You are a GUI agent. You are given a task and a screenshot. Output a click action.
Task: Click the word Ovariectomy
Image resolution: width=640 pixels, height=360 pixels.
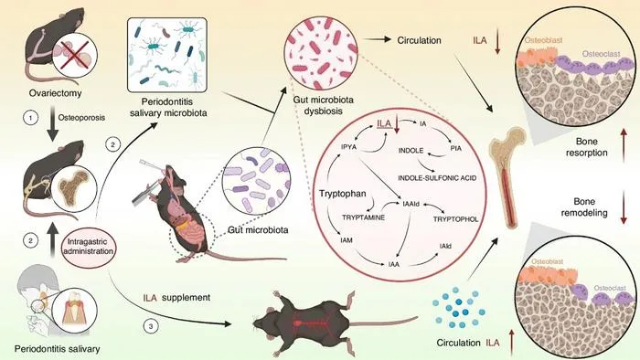coord(55,93)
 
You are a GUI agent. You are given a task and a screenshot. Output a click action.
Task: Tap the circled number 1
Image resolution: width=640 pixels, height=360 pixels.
coord(30,118)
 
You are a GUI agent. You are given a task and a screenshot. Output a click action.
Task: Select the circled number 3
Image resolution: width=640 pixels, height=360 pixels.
coord(151,326)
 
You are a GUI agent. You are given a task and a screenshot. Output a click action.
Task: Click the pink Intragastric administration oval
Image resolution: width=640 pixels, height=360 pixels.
coord(88,247)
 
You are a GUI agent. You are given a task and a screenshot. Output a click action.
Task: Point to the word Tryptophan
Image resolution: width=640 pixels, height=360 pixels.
coord(343,194)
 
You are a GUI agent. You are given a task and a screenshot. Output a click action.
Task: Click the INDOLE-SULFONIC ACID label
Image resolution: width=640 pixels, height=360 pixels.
coord(437,178)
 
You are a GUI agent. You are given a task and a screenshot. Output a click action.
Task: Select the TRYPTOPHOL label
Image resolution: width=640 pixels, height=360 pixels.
coord(455,219)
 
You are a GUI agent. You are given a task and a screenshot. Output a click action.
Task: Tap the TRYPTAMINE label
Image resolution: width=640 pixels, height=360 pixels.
coord(363,217)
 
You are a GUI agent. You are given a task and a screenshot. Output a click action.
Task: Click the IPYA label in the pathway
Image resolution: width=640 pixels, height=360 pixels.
coord(348,146)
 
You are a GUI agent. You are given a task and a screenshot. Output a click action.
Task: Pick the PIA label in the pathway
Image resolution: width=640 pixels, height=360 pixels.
coord(456,148)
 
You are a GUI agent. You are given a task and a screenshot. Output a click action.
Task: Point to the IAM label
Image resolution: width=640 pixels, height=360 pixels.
coord(347,240)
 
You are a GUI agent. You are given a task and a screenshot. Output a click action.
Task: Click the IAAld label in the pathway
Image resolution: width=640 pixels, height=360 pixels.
coord(411,204)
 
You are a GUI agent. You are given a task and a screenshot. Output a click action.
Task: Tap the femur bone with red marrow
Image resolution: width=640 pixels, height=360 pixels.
coord(508,176)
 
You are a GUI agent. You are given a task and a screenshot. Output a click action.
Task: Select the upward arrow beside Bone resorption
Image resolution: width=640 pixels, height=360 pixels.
coord(624,146)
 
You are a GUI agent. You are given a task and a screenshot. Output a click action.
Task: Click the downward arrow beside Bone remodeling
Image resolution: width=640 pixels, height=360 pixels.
coord(624,207)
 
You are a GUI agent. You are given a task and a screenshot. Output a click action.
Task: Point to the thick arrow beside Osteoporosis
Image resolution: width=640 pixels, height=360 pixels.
coord(53,123)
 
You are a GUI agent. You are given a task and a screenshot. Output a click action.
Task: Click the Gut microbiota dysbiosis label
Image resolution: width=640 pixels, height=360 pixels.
coord(324,105)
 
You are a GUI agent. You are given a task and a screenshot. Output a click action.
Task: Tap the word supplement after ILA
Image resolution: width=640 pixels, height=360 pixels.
coord(187,298)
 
